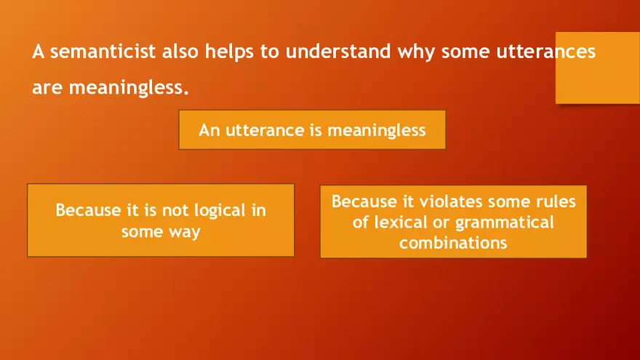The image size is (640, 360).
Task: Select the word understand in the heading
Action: click(338, 53)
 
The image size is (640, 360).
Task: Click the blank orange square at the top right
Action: click(597, 68)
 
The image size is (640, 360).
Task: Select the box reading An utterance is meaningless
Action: click(312, 130)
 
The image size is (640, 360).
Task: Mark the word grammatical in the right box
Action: click(508, 222)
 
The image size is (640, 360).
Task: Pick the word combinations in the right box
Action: click(453, 243)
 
